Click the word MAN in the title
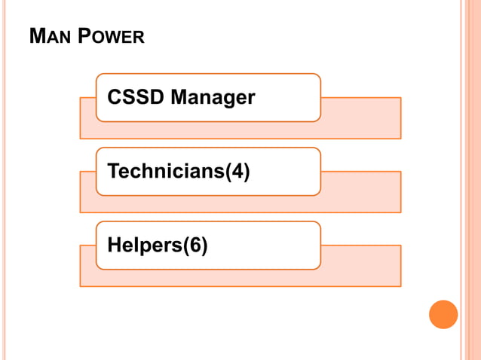click(48, 36)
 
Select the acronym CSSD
click(136, 98)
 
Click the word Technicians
click(166, 172)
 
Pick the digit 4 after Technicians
click(237, 172)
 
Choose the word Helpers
click(144, 246)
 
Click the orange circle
click(443, 314)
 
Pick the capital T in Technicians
click(114, 172)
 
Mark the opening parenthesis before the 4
click(228, 172)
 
